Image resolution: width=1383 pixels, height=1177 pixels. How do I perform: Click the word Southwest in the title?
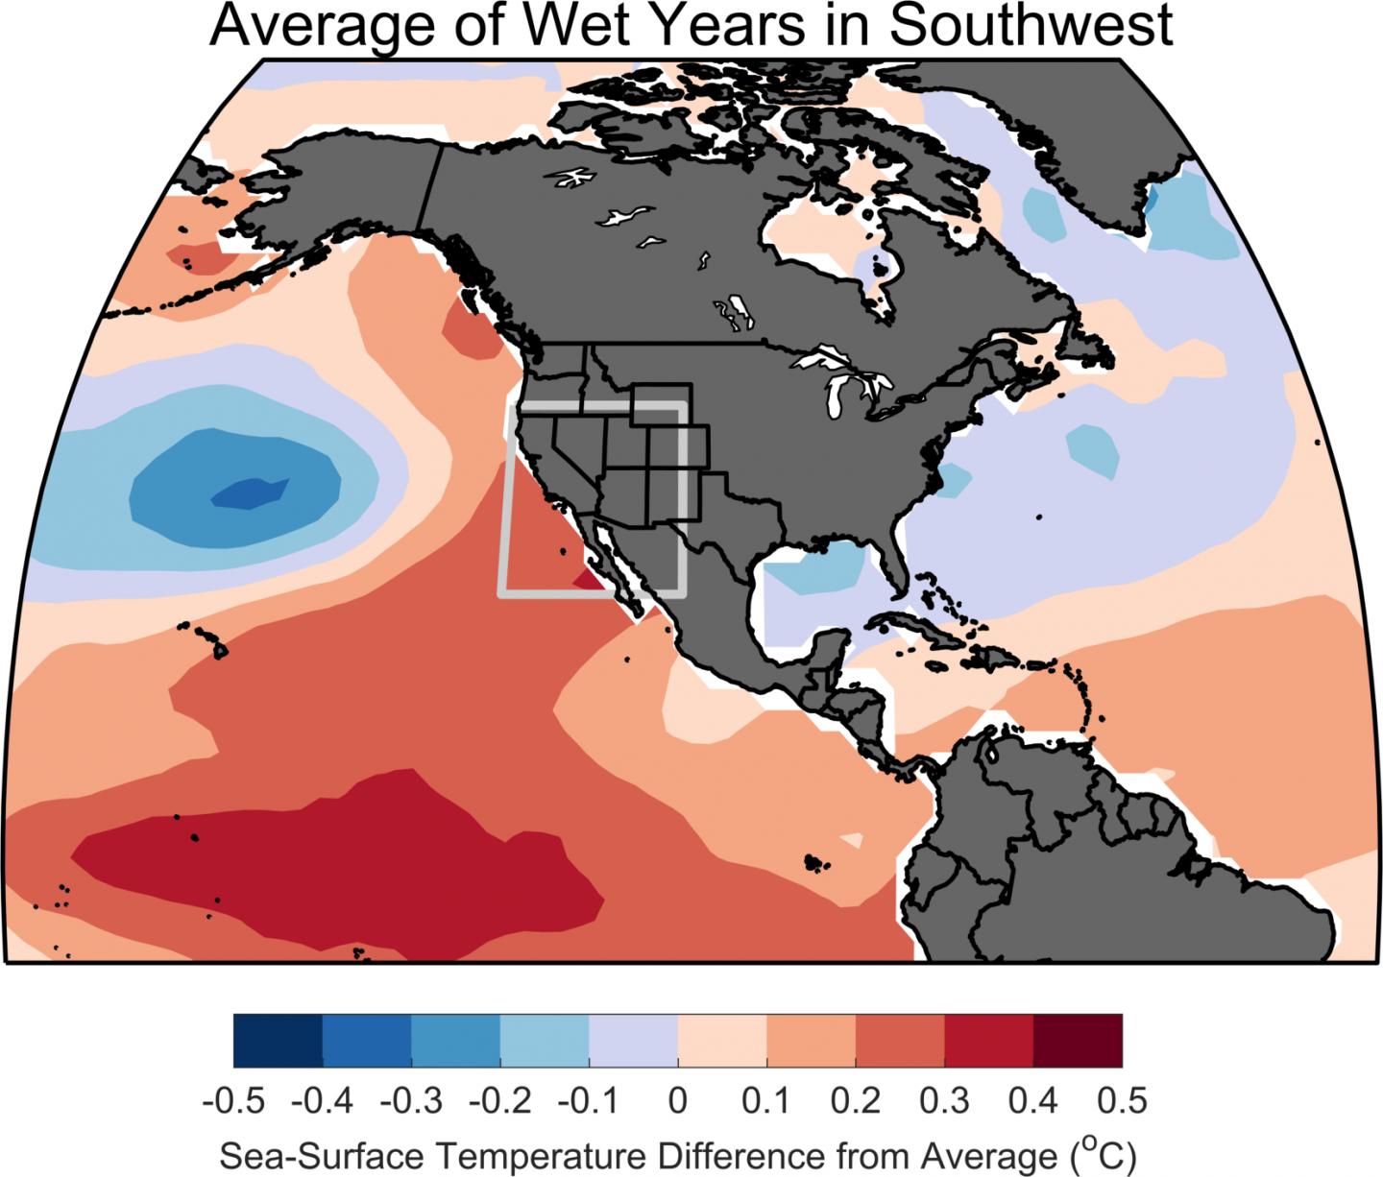1031,25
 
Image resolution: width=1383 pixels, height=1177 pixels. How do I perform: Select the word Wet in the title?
574,25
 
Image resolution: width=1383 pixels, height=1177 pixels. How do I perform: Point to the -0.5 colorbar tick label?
233,1100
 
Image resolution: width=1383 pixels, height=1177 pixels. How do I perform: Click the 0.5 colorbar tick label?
1122,1100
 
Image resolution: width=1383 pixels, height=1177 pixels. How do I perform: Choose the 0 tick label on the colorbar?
678,1100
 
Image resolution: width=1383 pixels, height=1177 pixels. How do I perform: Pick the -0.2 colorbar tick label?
499,1100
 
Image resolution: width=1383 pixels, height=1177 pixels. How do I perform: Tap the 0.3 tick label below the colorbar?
944,1100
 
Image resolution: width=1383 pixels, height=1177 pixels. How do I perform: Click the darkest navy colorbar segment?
278,1041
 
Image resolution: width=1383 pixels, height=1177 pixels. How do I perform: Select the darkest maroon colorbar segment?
1078,1041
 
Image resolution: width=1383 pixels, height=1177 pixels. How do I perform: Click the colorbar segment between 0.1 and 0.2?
811,1041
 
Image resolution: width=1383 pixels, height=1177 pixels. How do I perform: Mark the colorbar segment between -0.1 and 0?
634,1041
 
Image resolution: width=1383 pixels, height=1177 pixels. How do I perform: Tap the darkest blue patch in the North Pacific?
249,493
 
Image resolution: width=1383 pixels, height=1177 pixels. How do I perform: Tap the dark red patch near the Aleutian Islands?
200,258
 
